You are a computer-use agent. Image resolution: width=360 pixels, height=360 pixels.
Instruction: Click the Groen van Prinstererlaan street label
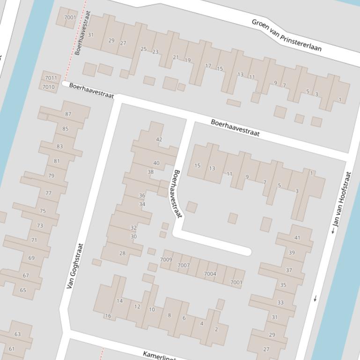pos(286,35)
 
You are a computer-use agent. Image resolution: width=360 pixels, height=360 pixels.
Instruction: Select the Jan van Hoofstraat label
pos(341,202)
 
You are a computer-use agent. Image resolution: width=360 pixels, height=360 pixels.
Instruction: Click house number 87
pos(68,114)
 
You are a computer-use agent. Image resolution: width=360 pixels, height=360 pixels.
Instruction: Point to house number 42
pos(159,139)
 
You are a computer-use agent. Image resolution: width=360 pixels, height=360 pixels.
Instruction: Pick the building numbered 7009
pos(166,259)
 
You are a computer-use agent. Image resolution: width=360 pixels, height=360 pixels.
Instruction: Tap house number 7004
pos(210,274)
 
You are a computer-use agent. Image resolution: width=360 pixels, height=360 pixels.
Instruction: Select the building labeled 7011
pos(51,78)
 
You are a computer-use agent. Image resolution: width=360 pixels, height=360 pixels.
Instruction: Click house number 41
pos(297,238)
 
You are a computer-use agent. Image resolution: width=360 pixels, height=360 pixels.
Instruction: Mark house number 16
pos(108,316)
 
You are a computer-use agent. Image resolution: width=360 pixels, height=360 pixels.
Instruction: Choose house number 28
pos(122,253)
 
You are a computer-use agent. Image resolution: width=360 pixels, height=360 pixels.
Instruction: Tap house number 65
pos(23,290)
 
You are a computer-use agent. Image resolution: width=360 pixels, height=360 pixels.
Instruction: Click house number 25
pos(143,49)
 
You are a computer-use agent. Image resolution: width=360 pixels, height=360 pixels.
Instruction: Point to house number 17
pos(208,66)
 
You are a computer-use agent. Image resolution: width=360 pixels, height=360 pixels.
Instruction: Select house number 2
pos(216,329)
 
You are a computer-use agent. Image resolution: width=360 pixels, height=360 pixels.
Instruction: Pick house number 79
pos(51,176)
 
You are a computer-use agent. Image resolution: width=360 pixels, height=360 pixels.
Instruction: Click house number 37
pos(289,270)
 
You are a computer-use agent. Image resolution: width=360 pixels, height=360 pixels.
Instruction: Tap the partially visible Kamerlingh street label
pos(159,355)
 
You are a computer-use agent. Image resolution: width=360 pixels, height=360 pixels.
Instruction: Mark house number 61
pos(12,349)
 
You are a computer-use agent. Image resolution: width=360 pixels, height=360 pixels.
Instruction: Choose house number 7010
pos(49,87)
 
